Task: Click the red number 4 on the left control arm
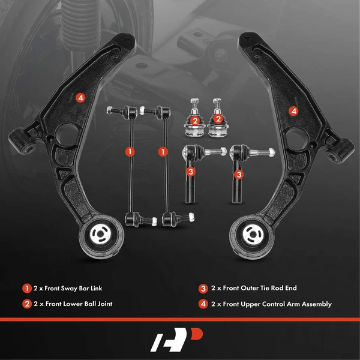[80, 97]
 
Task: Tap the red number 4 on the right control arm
[293, 110]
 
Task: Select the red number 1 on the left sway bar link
[128, 151]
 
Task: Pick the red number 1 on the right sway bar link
[163, 151]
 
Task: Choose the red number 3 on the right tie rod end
[239, 175]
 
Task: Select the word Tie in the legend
[267, 289]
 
